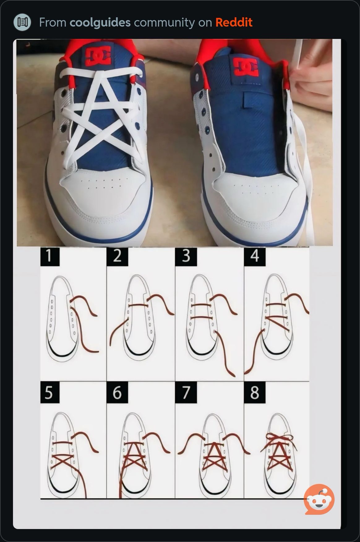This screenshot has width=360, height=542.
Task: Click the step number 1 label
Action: [49, 256]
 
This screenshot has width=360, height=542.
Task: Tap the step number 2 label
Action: [117, 256]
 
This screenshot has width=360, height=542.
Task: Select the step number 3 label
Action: [186, 256]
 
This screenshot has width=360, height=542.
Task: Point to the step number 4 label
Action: [255, 256]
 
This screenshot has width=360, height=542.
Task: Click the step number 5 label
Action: [49, 392]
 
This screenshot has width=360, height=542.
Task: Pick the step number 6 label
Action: [117, 392]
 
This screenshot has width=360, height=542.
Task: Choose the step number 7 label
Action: [186, 392]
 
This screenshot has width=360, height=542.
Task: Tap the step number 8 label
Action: [255, 392]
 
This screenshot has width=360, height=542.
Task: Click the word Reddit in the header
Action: [234, 22]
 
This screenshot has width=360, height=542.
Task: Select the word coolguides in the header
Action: [100, 23]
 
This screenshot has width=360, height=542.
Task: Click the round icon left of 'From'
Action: [23, 22]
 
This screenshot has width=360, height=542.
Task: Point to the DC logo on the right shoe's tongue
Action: [246, 66]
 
